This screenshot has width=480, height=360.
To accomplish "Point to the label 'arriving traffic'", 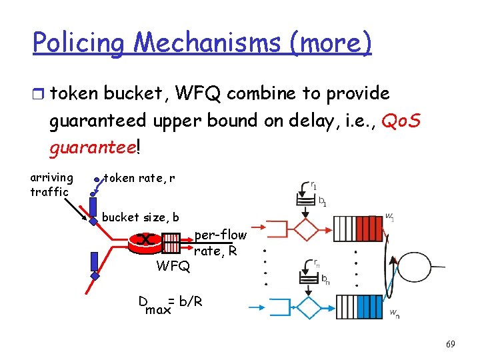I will [51, 185].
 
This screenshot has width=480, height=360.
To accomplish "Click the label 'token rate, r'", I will [141, 178].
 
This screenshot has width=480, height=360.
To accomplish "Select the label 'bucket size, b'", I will [140, 217].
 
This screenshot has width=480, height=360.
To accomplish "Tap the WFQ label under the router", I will [173, 267].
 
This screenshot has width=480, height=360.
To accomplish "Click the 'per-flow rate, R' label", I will [220, 243].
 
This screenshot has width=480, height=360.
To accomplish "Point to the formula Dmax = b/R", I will [170, 304].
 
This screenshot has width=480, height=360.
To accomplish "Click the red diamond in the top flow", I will [307, 229].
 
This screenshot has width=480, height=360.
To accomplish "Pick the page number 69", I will [451, 344].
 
